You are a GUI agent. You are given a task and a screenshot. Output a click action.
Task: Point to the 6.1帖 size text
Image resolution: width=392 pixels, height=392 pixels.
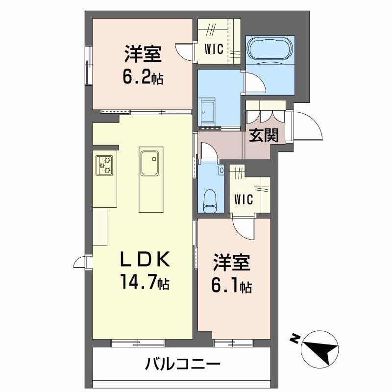(x=232, y=285)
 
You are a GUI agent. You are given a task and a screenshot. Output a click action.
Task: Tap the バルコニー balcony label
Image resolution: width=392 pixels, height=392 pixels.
(x=182, y=364)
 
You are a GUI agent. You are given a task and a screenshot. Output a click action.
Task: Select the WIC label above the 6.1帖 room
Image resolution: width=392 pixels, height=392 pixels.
(x=243, y=199)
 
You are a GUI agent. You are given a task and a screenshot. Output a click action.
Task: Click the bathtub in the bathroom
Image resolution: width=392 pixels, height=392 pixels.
(x=270, y=49)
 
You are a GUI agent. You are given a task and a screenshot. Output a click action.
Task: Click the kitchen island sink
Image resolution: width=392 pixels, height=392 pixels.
(x=149, y=162)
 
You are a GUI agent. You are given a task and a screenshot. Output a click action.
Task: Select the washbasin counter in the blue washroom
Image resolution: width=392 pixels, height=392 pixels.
(x=209, y=110)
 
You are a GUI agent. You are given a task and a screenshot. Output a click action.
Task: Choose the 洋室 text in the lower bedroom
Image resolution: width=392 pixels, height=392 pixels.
(x=232, y=263)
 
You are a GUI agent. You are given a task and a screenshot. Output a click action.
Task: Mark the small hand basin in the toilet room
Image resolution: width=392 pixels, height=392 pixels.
(x=221, y=170)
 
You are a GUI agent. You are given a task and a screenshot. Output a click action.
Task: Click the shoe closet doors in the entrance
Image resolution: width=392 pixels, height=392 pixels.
(x=266, y=114)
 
